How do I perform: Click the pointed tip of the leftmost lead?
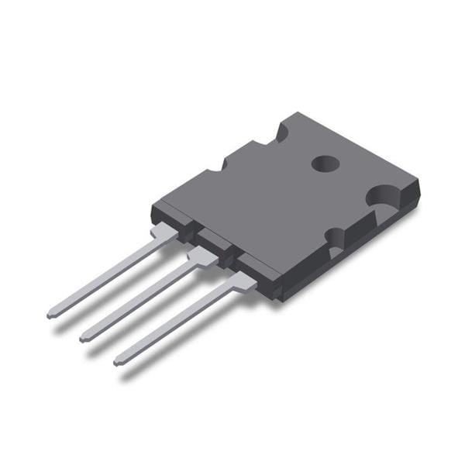(x=50, y=315)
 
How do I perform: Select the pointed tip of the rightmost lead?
(x=118, y=361)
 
